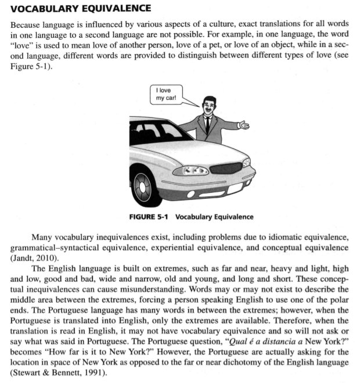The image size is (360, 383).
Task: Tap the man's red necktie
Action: [x=207, y=125]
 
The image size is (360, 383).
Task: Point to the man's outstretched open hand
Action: [x=244, y=125]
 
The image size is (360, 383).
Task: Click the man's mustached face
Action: [x=208, y=106]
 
